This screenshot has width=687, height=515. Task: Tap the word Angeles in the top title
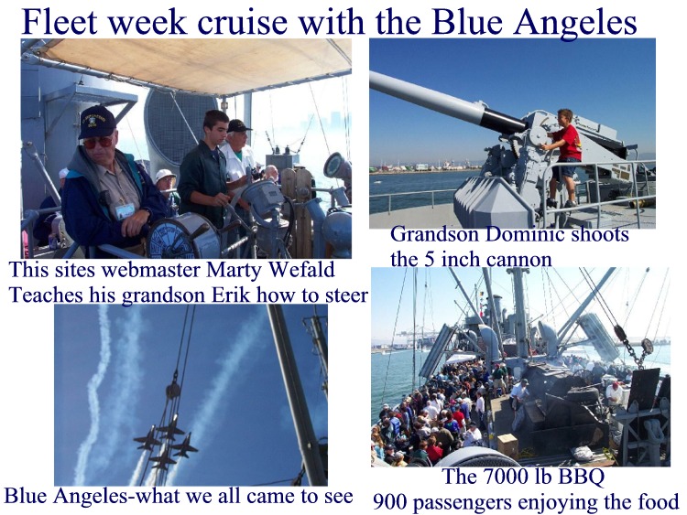pyautogui.click(x=575, y=23)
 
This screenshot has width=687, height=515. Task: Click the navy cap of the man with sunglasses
pyautogui.click(x=97, y=121)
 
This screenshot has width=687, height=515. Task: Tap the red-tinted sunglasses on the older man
pyautogui.click(x=98, y=142)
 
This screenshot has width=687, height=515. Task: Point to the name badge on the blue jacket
pyautogui.click(x=125, y=211)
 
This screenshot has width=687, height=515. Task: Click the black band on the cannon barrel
pyautogui.click(x=503, y=120)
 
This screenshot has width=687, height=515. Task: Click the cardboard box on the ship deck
pyautogui.click(x=507, y=445)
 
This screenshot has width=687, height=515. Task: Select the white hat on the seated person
pyautogui.click(x=165, y=175)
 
